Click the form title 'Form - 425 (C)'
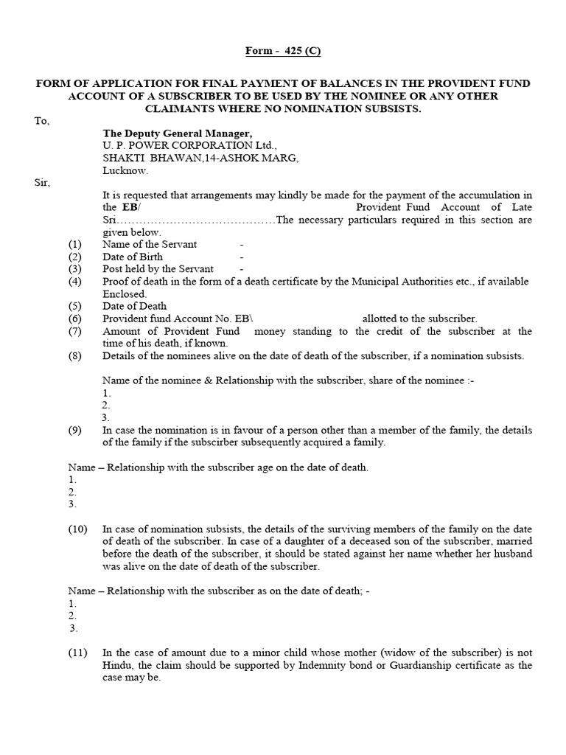pos(283,51)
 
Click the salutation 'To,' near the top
pos(42,121)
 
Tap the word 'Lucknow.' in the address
pos(125,170)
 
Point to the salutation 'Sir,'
pos(41,182)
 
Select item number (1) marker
pos(74,244)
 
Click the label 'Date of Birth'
pos(133,257)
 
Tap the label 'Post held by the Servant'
pos(158,269)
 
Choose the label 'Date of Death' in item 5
pos(135,306)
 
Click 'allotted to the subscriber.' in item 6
pos(419,319)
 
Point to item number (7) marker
pos(74,331)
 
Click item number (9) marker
pos(74,430)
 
